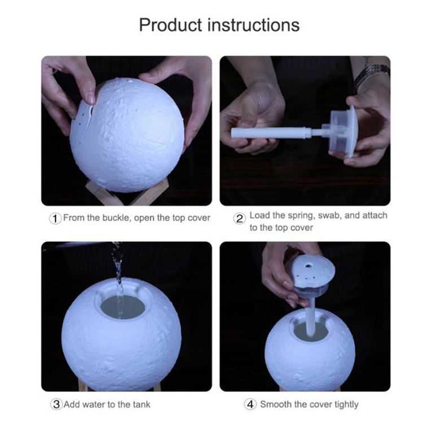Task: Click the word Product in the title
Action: pos(170,25)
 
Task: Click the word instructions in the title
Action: pos(254,25)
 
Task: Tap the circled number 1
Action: pos(55,218)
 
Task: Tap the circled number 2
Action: pos(239,218)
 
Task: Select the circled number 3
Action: pos(56,404)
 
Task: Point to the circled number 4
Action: pos(250,404)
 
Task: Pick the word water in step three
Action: pos(94,404)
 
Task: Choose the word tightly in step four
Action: pos(346,404)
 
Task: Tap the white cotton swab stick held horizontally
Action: pos(272,133)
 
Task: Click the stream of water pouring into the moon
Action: pos(118,278)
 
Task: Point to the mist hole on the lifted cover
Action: pos(308,267)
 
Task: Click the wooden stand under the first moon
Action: pos(127,192)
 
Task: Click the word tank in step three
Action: pos(142,404)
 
